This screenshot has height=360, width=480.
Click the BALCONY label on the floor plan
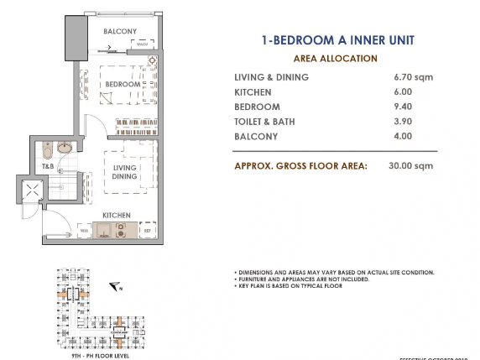tap(120, 32)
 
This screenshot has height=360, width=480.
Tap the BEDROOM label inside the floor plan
tap(123, 85)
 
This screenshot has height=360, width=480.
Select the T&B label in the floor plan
tap(50, 166)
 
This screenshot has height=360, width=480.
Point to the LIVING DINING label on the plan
tap(125, 173)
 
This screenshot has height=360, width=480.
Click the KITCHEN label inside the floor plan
tap(117, 216)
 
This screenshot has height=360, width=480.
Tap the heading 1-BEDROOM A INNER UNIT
tap(338, 39)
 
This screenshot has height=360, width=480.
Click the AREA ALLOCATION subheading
tap(337, 59)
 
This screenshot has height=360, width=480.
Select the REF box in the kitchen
tap(147, 229)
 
